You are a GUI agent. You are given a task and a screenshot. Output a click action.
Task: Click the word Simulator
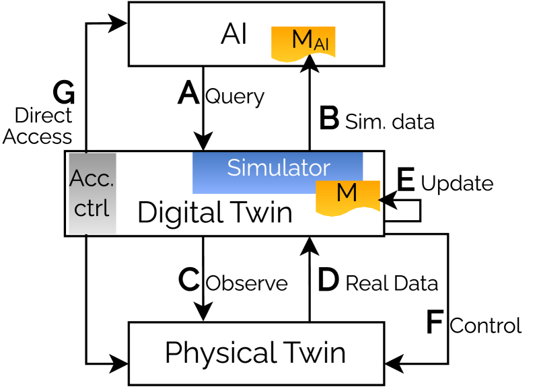(x=278, y=168)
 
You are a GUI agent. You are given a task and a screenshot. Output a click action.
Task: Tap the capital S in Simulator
(x=234, y=168)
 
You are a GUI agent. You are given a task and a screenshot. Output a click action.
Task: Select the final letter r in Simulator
(x=326, y=170)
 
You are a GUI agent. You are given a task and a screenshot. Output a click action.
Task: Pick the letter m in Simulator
(x=257, y=170)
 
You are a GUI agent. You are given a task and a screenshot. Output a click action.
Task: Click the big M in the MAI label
(x=302, y=40)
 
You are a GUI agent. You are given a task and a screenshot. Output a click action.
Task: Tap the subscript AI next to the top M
(x=321, y=44)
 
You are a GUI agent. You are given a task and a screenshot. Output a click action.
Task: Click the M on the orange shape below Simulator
(x=347, y=193)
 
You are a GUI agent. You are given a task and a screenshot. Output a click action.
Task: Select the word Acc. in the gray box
(x=92, y=179)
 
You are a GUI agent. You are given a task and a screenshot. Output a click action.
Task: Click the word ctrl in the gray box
(x=92, y=208)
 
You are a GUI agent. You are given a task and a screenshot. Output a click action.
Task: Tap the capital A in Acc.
(x=77, y=179)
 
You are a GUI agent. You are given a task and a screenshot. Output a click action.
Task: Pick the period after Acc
(x=111, y=186)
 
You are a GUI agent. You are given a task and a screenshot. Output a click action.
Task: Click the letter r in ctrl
(x=99, y=209)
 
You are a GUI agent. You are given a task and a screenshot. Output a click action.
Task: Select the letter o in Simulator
(x=316, y=170)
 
